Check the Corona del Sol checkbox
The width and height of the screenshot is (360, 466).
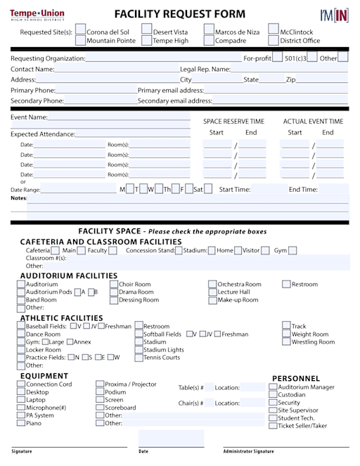tap(80, 32)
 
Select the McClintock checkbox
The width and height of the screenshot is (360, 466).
tap(274, 32)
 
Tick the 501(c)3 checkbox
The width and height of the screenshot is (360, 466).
tap(278, 58)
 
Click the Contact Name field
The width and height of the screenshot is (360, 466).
tap(116, 70)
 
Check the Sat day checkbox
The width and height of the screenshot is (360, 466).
tap(208, 189)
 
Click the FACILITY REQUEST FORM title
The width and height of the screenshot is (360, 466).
tap(180, 14)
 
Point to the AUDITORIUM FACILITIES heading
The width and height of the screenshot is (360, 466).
tap(69, 276)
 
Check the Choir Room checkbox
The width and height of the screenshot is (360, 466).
tap(114, 285)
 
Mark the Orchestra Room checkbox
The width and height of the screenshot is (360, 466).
tap(212, 285)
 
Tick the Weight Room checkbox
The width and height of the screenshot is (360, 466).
tap(287, 335)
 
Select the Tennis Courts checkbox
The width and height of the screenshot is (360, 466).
tap(139, 358)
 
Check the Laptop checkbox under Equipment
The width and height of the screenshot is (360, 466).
tap(21, 400)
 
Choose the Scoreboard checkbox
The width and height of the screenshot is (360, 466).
tap(100, 408)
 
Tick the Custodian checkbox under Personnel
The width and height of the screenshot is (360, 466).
tap(274, 395)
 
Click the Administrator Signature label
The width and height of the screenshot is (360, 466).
tap(248, 451)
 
